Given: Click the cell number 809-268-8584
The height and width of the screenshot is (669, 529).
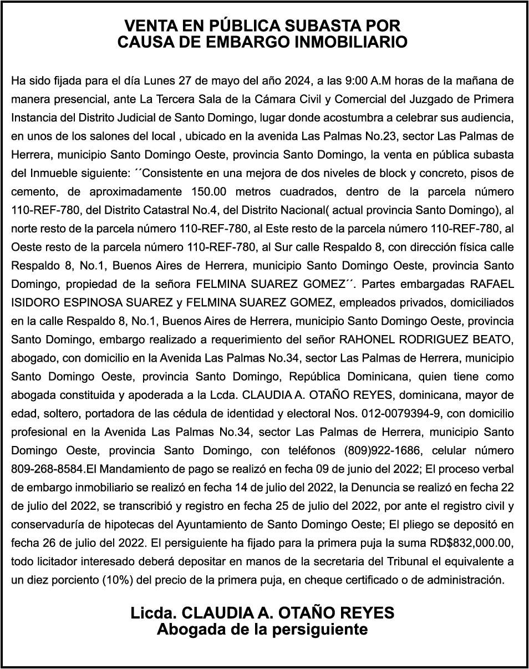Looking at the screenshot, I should point(48,469).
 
